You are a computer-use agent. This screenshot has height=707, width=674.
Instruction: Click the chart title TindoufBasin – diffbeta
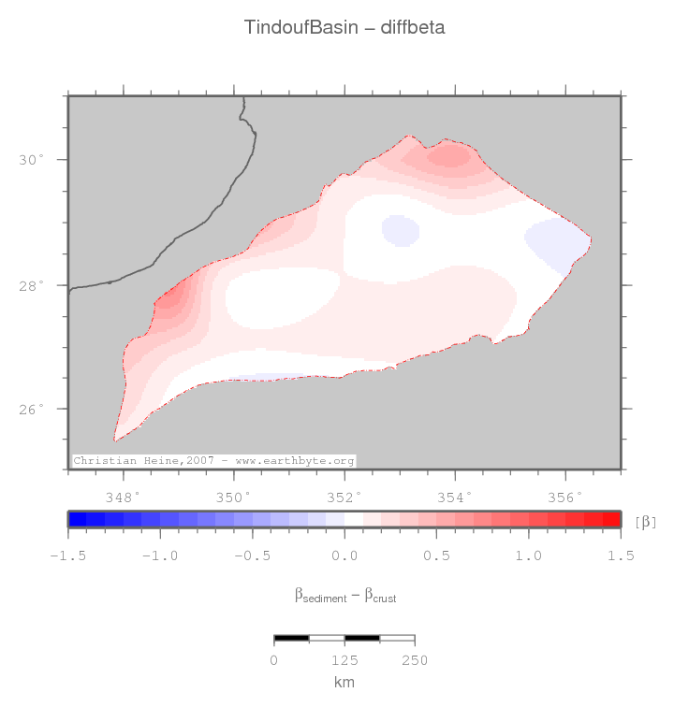tap(344, 27)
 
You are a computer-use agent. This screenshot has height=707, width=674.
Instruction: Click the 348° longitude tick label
tap(124, 496)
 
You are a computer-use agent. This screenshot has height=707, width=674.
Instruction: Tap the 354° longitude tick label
tap(455, 496)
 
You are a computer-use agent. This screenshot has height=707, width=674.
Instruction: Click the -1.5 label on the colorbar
tap(66, 555)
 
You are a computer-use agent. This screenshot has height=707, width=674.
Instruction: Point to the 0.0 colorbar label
tap(344, 555)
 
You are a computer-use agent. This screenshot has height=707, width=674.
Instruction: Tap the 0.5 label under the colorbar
tap(436, 555)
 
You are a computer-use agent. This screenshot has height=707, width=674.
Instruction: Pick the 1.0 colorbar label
tap(529, 555)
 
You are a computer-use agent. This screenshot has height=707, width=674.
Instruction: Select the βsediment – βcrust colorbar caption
tap(344, 595)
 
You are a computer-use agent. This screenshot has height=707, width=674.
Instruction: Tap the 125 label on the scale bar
tap(344, 660)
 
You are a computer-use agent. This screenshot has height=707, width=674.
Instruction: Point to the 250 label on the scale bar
tap(414, 660)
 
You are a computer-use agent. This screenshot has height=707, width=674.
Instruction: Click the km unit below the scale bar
tap(344, 682)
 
